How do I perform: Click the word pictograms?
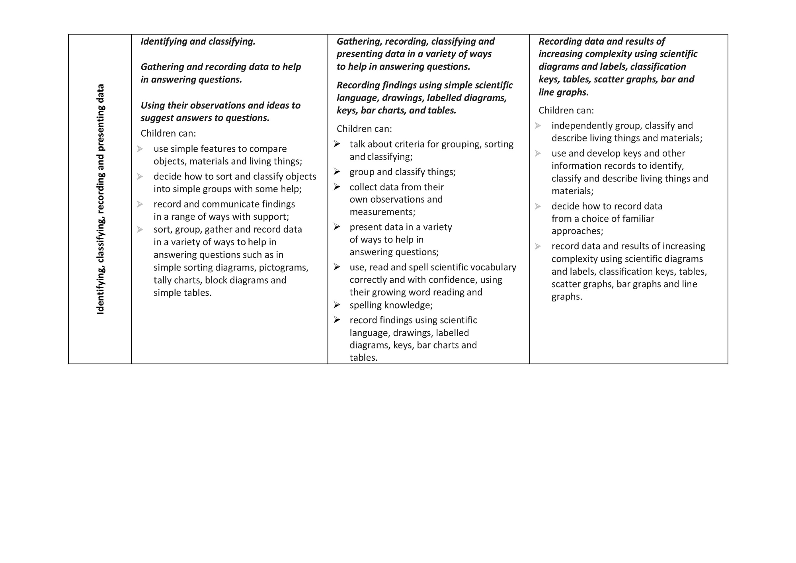pyautogui.click(x=283, y=268)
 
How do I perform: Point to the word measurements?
pyautogui.click(x=382, y=212)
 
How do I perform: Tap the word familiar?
pyautogui.click(x=636, y=219)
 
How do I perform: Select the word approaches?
pyautogui.click(x=577, y=231)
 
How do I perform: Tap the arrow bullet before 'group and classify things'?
pyautogui.click(x=337, y=172)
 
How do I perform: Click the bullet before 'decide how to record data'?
pyautogui.click(x=538, y=206)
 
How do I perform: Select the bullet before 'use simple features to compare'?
pyautogui.click(x=140, y=149)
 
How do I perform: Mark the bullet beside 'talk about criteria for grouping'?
pyautogui.click(x=337, y=144)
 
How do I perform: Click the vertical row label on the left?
pyautogui.click(x=100, y=199)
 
